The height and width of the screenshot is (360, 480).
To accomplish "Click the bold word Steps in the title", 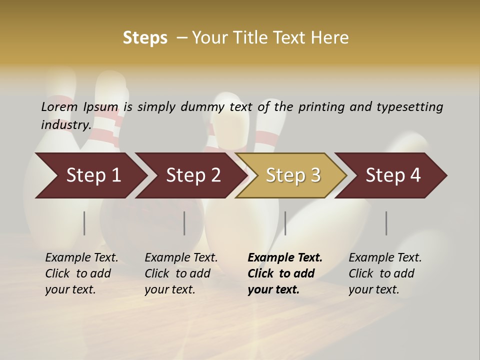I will click(145, 38).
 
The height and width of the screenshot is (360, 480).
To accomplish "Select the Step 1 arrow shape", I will click(90, 175).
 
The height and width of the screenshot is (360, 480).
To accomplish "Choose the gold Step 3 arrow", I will click(292, 175).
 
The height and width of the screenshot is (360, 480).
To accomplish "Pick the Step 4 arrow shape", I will click(392, 175).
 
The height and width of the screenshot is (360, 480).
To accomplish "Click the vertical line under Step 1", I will click(84, 223).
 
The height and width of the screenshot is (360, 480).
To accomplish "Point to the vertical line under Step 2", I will click(184, 223).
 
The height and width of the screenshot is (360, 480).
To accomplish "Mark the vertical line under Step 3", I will click(285, 223).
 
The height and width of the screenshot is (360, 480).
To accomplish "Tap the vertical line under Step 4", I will click(386, 223).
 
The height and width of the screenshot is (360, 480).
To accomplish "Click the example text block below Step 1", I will click(81, 273).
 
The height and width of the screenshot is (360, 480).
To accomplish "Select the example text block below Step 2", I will click(181, 273).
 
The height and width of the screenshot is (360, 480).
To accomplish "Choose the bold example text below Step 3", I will click(284, 273).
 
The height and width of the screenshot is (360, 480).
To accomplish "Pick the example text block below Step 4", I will click(385, 273).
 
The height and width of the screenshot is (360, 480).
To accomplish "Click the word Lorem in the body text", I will click(59, 106).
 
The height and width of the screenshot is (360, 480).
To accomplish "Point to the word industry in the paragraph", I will click(66, 124).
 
